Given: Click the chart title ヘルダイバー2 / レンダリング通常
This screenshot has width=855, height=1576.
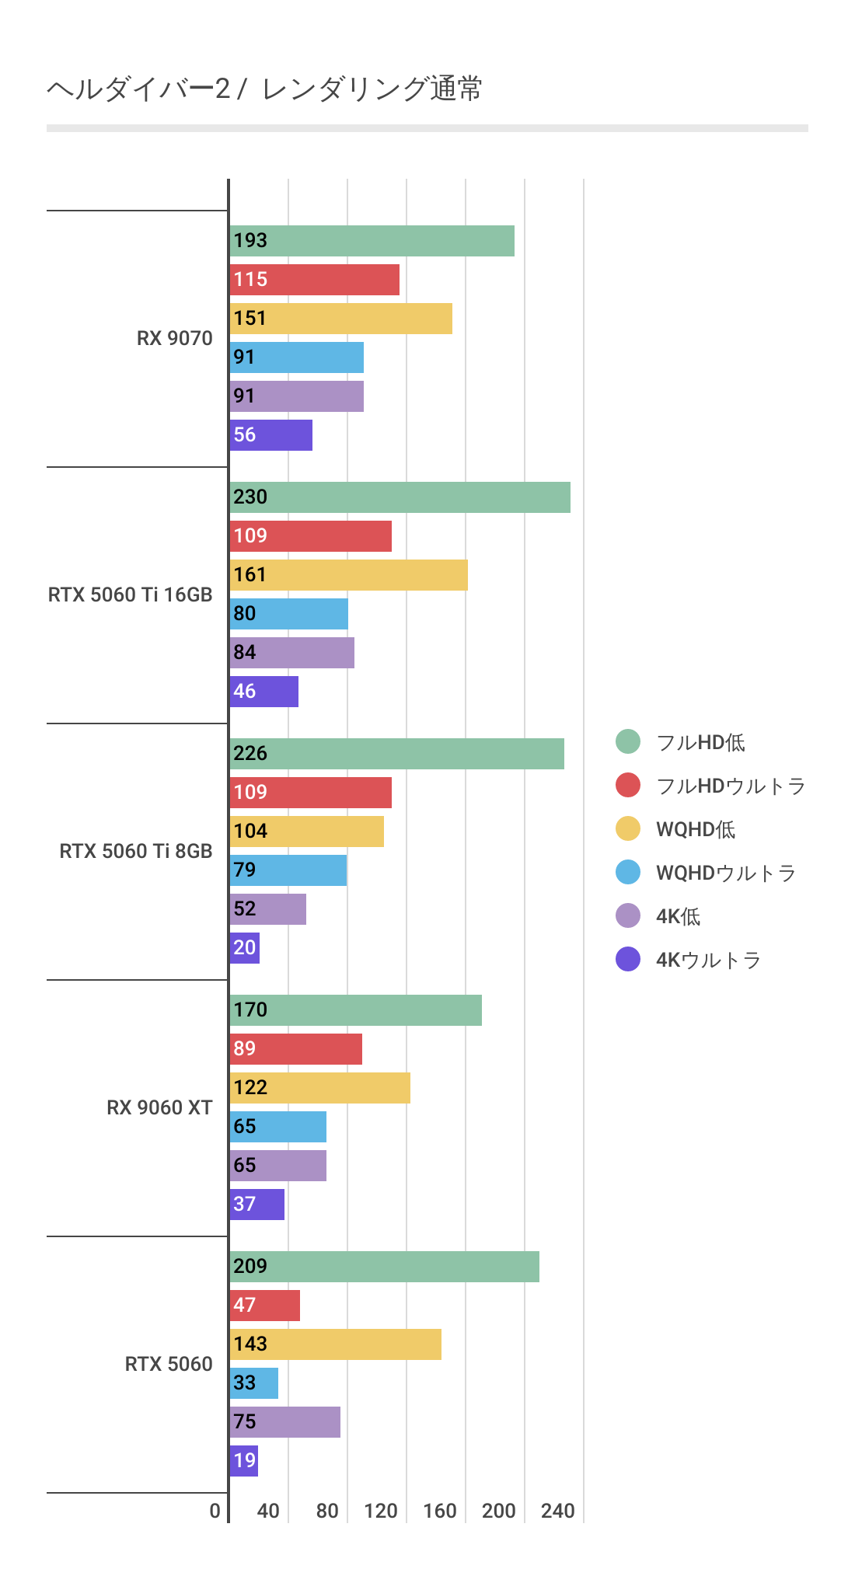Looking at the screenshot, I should pyautogui.click(x=264, y=89).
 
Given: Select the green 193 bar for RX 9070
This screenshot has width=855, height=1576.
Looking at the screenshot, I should pyautogui.click(x=372, y=241).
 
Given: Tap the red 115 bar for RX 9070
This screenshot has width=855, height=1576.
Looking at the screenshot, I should pyautogui.click(x=314, y=280).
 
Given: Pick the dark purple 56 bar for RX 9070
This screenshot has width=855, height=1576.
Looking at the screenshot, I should pyautogui.click(x=270, y=435).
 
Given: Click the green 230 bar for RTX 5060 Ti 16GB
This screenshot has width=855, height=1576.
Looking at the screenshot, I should pyautogui.click(x=400, y=497).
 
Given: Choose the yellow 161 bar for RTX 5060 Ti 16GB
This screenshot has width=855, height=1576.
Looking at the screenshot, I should pyautogui.click(x=348, y=575).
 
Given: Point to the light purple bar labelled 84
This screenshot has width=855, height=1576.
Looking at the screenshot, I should pyautogui.click(x=291, y=653).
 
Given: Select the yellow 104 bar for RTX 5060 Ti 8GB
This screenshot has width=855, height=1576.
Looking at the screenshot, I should pyautogui.click(x=306, y=832).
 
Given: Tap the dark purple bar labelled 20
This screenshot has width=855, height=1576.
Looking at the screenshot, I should pyautogui.click(x=244, y=948).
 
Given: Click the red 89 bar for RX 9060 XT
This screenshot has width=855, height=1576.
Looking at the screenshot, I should pyautogui.click(x=295, y=1049).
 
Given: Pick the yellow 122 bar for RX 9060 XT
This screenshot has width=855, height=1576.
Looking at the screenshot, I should pyautogui.click(x=319, y=1088).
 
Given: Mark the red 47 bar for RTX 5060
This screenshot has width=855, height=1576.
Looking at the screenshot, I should pyautogui.click(x=264, y=1306).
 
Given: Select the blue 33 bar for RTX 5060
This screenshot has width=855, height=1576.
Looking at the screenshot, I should pyautogui.click(x=253, y=1383).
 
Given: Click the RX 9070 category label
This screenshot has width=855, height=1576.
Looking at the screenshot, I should pyautogui.click(x=174, y=338).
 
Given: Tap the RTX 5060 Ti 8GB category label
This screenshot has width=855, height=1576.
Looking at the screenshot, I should pyautogui.click(x=135, y=851).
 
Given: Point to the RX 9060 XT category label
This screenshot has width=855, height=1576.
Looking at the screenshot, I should pyautogui.click(x=159, y=1107).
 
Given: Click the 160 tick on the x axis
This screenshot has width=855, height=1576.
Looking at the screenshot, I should pyautogui.click(x=439, y=1511).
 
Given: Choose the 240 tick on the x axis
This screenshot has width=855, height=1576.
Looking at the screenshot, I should pyautogui.click(x=557, y=1511).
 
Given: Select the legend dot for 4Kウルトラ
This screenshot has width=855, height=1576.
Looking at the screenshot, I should pyautogui.click(x=628, y=960).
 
